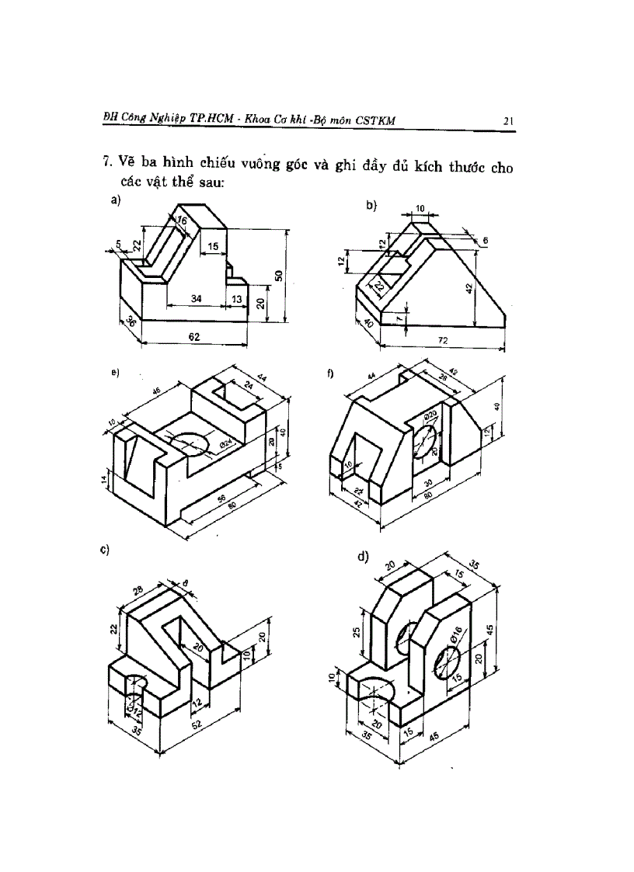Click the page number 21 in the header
509,120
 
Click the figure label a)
116,200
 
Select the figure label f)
330,373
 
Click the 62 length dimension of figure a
194,337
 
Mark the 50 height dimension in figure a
277,276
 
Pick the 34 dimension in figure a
196,299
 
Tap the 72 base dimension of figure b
443,341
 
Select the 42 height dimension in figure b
469,288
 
